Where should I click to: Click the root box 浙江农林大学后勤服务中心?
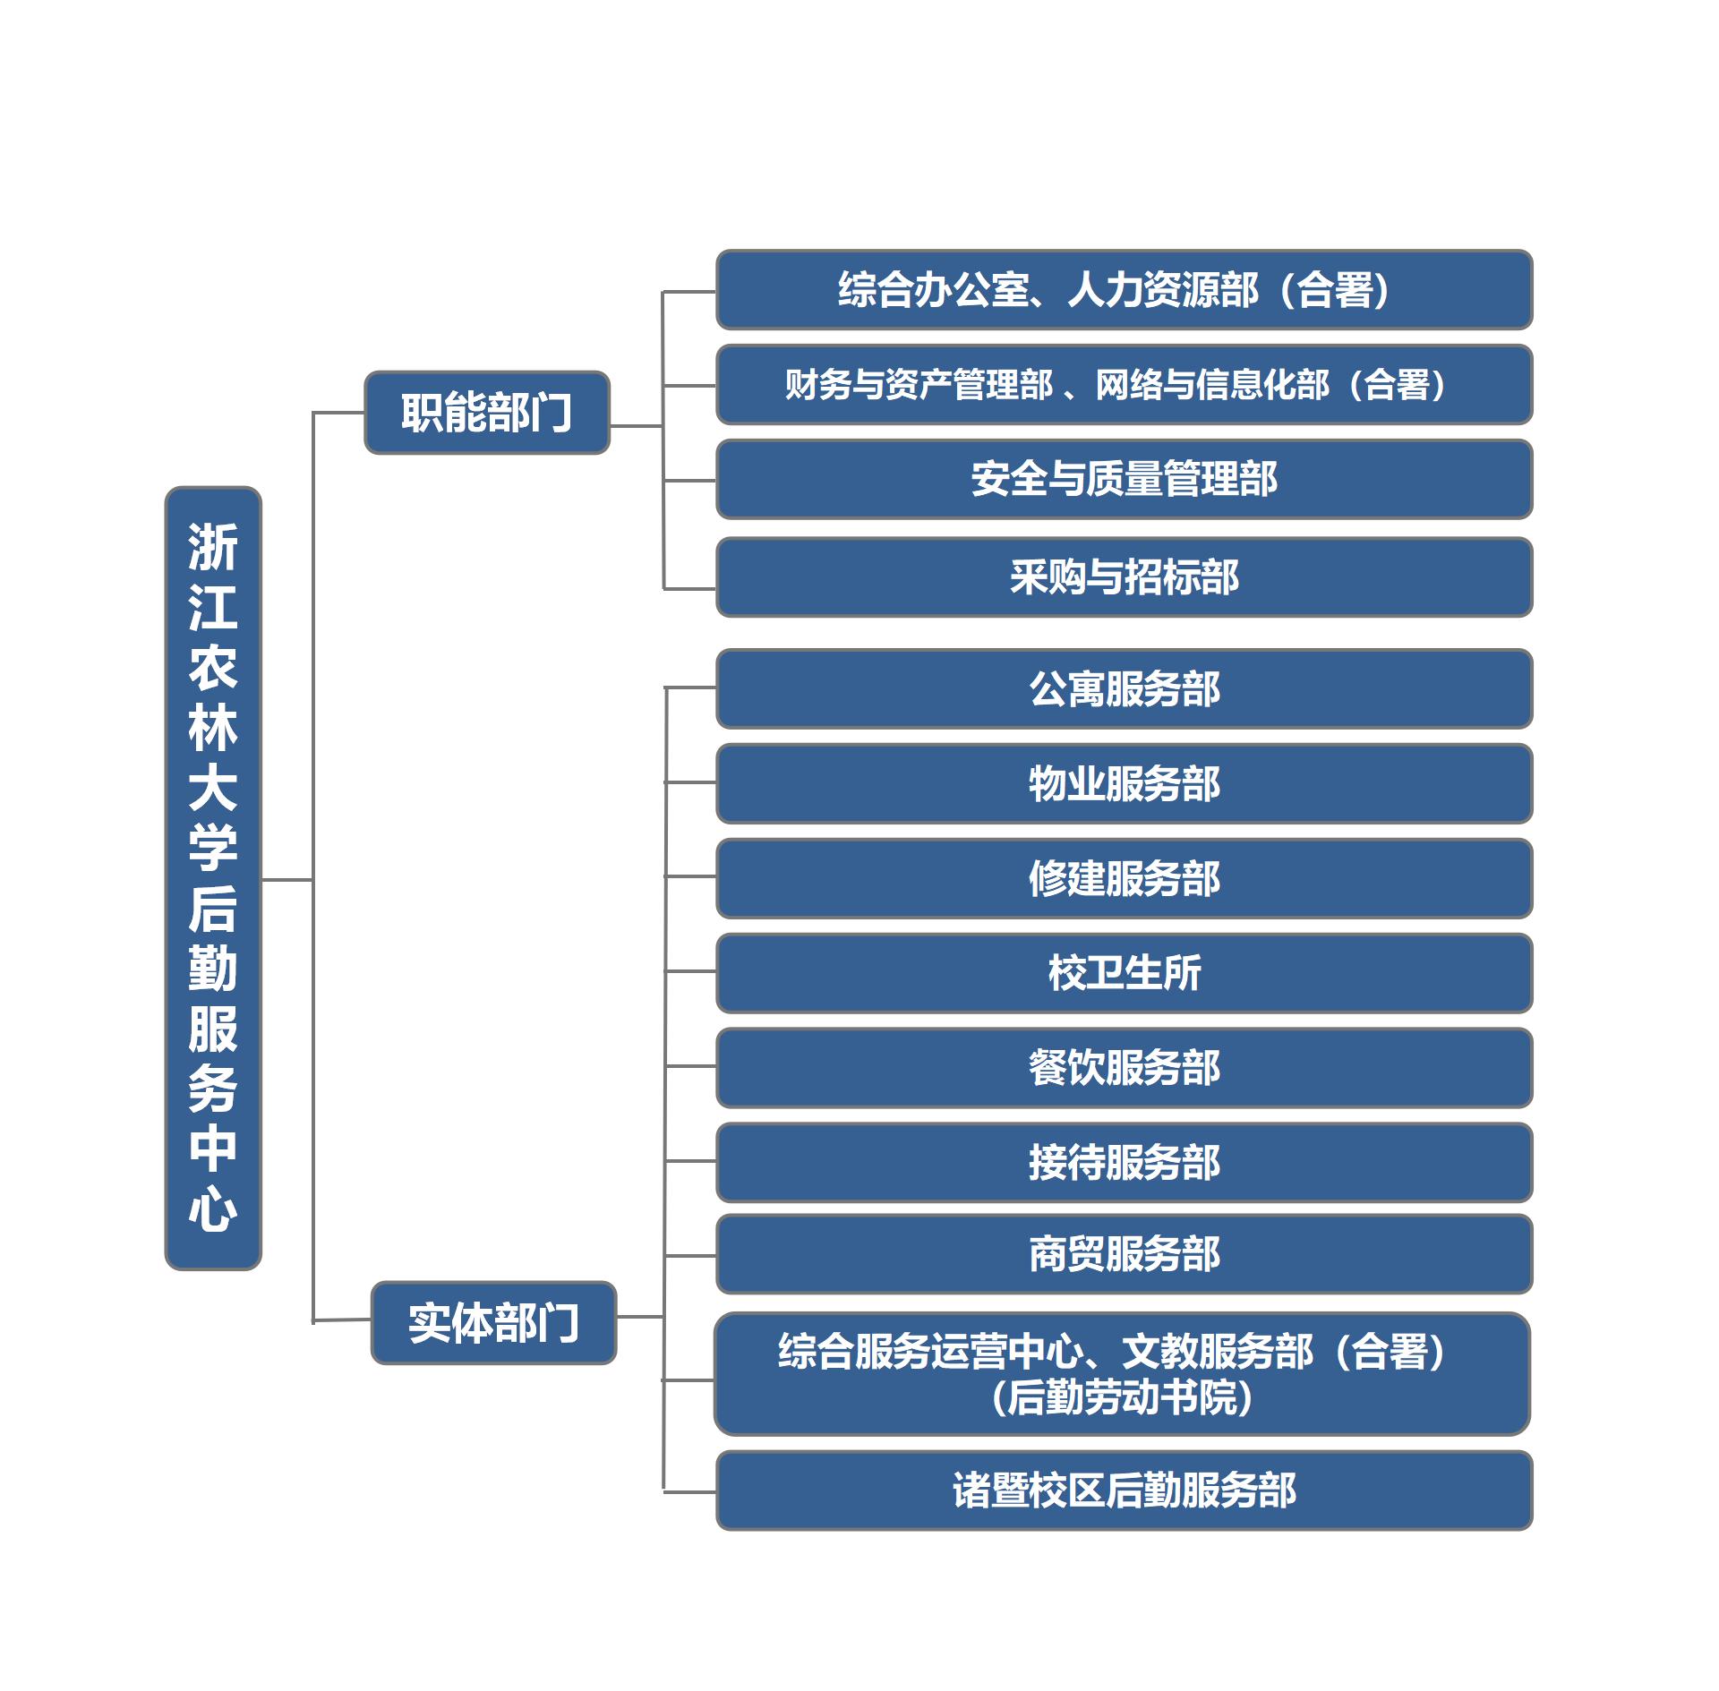click(x=213, y=878)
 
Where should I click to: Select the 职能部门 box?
click(x=487, y=413)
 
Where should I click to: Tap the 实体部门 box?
click(x=493, y=1322)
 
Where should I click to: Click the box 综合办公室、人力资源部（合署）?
click(x=1124, y=290)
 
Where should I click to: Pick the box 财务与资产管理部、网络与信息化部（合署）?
click(x=1124, y=385)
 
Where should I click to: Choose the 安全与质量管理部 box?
click(x=1124, y=479)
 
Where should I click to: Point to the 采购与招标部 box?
click(x=1124, y=577)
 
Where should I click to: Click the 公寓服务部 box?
click(x=1124, y=689)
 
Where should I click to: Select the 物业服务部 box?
click(x=1124, y=783)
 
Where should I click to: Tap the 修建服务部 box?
click(x=1124, y=878)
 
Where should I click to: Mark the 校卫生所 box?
click(x=1124, y=973)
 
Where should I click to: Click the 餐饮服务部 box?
click(x=1124, y=1068)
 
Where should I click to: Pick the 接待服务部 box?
click(x=1124, y=1163)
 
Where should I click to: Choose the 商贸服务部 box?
click(x=1124, y=1254)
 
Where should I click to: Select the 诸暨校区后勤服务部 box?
click(x=1124, y=1490)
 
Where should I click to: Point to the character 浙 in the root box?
click(x=213, y=547)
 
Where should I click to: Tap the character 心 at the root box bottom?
click(x=213, y=1208)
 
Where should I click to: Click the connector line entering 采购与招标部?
click(x=689, y=589)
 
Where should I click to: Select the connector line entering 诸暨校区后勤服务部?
click(x=689, y=1492)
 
